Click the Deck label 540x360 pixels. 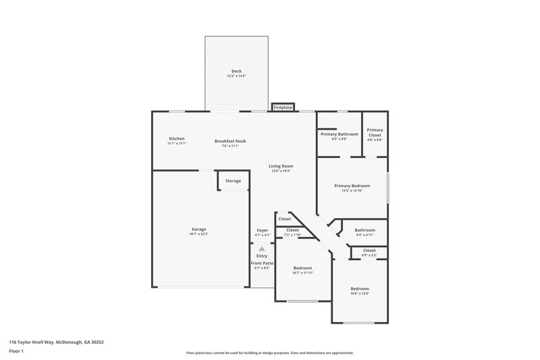(236, 71)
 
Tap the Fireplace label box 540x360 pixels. (283, 107)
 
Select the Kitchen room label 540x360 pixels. (176, 138)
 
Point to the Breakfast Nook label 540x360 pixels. (230, 141)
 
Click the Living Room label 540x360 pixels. (281, 165)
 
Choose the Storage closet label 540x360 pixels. (233, 181)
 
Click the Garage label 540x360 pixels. (198, 229)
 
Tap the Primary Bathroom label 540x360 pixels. (339, 134)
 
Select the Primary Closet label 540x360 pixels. (375, 132)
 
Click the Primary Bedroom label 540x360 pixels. (352, 186)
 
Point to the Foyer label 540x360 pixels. (262, 230)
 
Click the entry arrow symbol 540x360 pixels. (262, 249)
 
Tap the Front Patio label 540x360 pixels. (262, 263)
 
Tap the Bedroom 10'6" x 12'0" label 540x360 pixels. (359, 288)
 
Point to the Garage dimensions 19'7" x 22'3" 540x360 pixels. (198, 234)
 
